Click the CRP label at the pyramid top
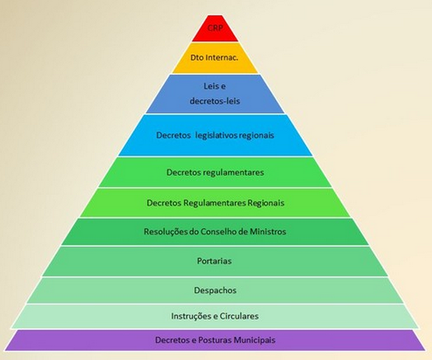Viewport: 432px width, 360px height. [x=215, y=28]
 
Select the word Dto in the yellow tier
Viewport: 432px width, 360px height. [x=196, y=58]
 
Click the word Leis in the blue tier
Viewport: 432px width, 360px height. [x=211, y=86]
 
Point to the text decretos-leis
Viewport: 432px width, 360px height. [x=215, y=101]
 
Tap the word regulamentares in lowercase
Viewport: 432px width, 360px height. [x=233, y=173]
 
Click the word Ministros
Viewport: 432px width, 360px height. [x=268, y=232]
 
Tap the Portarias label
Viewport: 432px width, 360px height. [x=214, y=261]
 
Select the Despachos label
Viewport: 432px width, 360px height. [x=215, y=291]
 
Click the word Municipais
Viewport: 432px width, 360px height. [x=255, y=340]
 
